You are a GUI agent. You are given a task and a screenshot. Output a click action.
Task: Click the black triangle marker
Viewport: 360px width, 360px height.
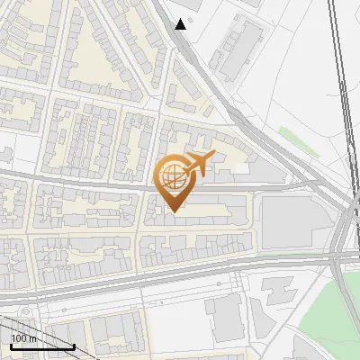[x=181, y=24]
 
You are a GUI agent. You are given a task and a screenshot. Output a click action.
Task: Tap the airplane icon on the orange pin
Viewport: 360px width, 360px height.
[x=198, y=164]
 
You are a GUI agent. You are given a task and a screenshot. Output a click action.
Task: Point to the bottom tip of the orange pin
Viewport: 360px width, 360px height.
[x=172, y=211]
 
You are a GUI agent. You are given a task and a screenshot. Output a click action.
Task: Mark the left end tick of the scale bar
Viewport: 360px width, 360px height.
[x=11, y=346]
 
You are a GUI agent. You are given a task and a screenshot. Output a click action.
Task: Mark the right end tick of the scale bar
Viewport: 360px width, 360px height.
[x=74, y=346]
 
